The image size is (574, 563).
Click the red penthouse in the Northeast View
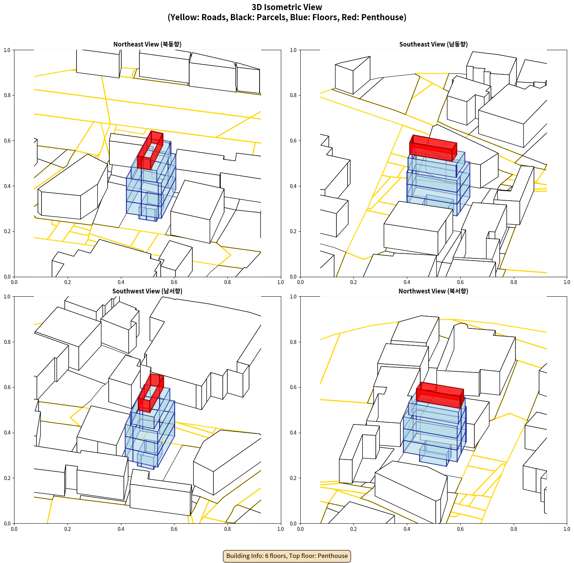click(x=150, y=151)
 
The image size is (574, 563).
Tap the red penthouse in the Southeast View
click(x=433, y=148)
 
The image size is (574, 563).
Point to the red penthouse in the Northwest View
click(x=440, y=395)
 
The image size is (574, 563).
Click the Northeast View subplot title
click(x=147, y=44)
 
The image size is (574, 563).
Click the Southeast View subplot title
click(x=433, y=44)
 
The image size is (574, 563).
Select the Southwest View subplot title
click(x=147, y=291)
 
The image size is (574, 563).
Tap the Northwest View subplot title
click(x=433, y=291)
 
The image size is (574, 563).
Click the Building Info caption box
click(x=287, y=556)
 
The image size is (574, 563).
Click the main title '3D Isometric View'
click(x=287, y=7)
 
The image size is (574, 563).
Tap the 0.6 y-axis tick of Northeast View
click(x=7, y=141)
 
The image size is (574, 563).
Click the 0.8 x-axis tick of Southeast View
click(x=514, y=282)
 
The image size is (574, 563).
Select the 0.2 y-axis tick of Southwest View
click(x=7, y=478)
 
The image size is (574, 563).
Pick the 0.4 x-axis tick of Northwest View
click(x=407, y=529)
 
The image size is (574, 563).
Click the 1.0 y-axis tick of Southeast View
click(x=293, y=50)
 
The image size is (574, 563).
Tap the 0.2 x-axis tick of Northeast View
click(x=68, y=282)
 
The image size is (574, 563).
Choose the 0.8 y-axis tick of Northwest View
click(x=293, y=342)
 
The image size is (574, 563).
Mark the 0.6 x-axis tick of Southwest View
click(x=174, y=529)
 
